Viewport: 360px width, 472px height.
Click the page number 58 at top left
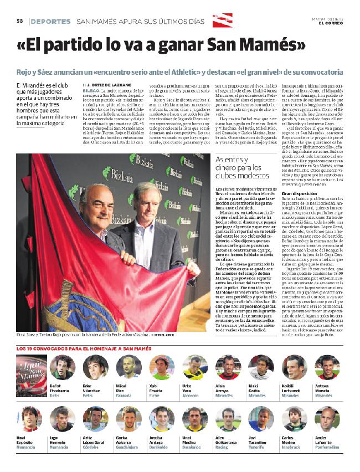tap(19, 22)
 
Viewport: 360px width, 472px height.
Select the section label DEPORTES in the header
tap(50, 22)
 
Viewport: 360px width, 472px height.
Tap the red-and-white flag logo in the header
tap(223, 20)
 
